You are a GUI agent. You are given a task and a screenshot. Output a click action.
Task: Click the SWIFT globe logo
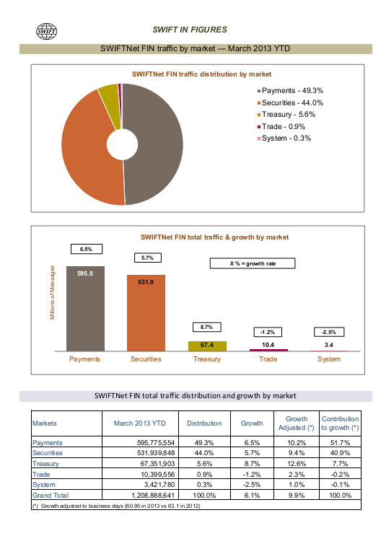pyautogui.click(x=46, y=31)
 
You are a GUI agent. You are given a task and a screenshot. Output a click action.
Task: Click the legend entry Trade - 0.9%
pyautogui.click(x=281, y=126)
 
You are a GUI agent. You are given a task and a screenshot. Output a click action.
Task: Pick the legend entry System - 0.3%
pyautogui.click(x=284, y=138)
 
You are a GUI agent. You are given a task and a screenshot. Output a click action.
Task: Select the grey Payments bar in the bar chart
pyautogui.click(x=85, y=309)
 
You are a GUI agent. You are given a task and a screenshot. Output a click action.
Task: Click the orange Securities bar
pyautogui.click(x=146, y=313)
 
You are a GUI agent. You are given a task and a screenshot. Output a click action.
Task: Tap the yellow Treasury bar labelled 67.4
pyautogui.click(x=207, y=346)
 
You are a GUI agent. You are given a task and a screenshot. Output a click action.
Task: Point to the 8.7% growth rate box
pyautogui.click(x=206, y=327)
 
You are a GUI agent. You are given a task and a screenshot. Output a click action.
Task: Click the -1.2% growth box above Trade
pyautogui.click(x=268, y=332)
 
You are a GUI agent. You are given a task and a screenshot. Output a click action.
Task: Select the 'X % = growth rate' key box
pyautogui.click(x=253, y=263)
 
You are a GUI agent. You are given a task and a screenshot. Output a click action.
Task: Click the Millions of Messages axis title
pyautogui.click(x=53, y=293)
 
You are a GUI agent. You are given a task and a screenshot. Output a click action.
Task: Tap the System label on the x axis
pyautogui.click(x=329, y=359)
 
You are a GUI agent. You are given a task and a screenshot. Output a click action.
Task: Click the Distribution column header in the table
pyautogui.click(x=204, y=423)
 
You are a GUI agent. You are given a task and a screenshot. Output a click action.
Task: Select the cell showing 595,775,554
pyautogui.click(x=156, y=443)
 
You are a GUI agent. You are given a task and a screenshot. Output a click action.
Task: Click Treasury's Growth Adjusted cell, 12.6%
pyautogui.click(x=297, y=464)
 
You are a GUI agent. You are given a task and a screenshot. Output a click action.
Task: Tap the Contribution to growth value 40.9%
pyautogui.click(x=341, y=453)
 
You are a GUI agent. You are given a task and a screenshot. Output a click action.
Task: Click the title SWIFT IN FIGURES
pyautogui.click(x=190, y=30)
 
